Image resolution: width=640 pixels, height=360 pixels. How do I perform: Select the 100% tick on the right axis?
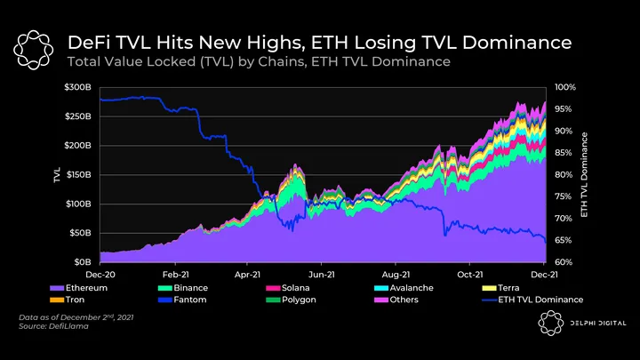click(x=565, y=87)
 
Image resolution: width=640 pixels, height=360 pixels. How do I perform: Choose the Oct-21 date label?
click(x=469, y=276)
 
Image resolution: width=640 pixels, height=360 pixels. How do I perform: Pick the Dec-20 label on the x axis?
click(x=100, y=276)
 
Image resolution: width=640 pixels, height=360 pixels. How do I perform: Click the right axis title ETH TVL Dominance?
click(x=584, y=175)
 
